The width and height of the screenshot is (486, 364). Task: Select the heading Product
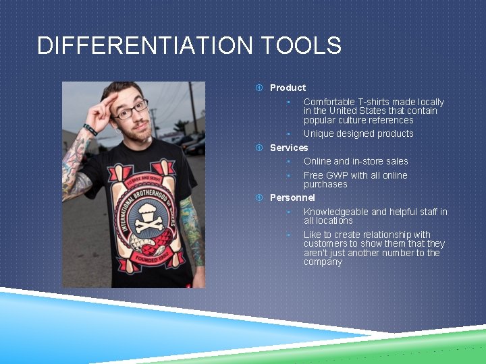(x=288, y=88)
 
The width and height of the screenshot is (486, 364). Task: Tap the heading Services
(x=289, y=148)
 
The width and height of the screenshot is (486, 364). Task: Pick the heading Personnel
(x=292, y=198)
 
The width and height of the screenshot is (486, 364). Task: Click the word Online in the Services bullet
(x=317, y=161)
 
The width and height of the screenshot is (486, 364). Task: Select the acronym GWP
(x=337, y=175)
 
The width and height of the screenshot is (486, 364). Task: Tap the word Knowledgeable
(x=335, y=212)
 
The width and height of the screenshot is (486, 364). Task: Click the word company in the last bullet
(x=323, y=262)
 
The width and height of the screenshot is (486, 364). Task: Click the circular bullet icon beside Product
(x=259, y=88)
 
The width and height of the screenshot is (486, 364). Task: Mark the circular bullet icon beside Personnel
(x=259, y=198)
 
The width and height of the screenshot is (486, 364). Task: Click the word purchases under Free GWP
(x=325, y=184)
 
